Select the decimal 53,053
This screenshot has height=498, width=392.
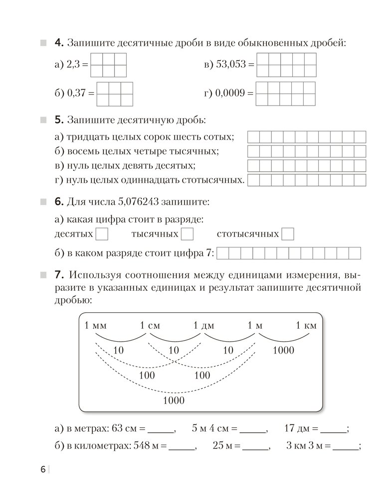pos(233,65)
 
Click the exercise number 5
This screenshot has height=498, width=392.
pos(58,120)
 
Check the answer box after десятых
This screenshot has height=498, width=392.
pos(101,234)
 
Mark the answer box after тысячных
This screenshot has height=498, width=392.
pos(187,234)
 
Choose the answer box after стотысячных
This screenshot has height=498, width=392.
pos(288,234)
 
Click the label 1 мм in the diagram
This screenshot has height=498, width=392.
pos(96,326)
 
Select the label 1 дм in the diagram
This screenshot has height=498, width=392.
pos(203,326)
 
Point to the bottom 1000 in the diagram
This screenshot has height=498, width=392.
pos(174,400)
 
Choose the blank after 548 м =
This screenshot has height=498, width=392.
pos(182,447)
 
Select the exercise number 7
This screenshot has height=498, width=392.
pos(58,275)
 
